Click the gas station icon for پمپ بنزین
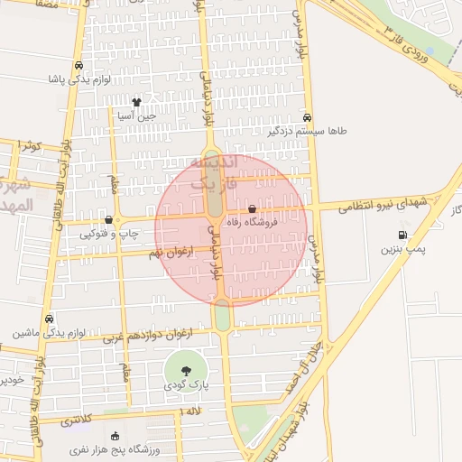point(402,236)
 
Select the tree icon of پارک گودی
point(186,371)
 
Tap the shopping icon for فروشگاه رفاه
point(264,210)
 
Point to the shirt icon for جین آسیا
point(136,103)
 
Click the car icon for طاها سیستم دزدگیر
point(308,118)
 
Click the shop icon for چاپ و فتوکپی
point(109,219)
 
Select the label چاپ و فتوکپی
point(109,233)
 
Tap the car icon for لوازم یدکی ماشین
point(50,319)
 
